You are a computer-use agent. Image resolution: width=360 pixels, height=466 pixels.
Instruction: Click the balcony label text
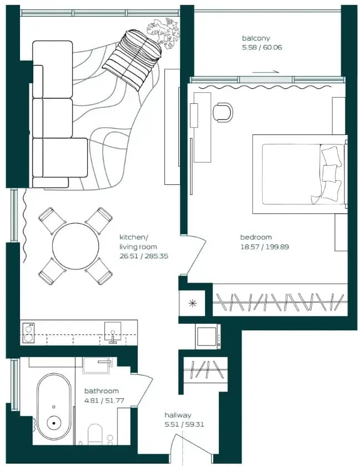[256, 38]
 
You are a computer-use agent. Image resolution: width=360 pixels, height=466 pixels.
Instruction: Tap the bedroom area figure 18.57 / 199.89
[264, 247]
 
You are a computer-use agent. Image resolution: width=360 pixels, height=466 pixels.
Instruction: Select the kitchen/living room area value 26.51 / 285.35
[143, 256]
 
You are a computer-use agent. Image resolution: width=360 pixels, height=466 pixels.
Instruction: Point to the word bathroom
[101, 391]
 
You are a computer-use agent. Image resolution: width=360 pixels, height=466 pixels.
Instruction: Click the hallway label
[178, 415]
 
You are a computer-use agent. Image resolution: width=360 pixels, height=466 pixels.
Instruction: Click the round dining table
[76, 246]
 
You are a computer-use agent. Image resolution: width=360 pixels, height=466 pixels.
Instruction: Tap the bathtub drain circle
[54, 423]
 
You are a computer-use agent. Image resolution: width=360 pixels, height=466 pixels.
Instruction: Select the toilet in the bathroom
[95, 434]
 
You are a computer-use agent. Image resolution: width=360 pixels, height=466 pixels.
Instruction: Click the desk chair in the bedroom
[223, 112]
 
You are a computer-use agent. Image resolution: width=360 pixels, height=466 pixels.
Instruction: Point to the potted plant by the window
[163, 32]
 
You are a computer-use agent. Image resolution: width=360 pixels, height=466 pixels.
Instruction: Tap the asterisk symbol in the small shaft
[193, 303]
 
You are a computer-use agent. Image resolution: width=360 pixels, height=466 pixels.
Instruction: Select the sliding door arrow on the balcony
[266, 72]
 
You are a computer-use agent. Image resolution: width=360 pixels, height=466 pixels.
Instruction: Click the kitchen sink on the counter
[113, 332]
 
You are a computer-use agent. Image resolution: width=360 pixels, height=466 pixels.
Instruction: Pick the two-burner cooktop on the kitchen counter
[28, 333]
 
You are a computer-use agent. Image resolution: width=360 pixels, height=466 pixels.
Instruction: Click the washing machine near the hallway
[208, 337]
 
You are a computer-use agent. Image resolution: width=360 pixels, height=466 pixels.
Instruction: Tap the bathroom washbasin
[97, 365]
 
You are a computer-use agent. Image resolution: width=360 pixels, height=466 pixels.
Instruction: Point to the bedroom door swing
[196, 255]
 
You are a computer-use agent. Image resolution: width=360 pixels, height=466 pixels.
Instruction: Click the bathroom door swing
[142, 390]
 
